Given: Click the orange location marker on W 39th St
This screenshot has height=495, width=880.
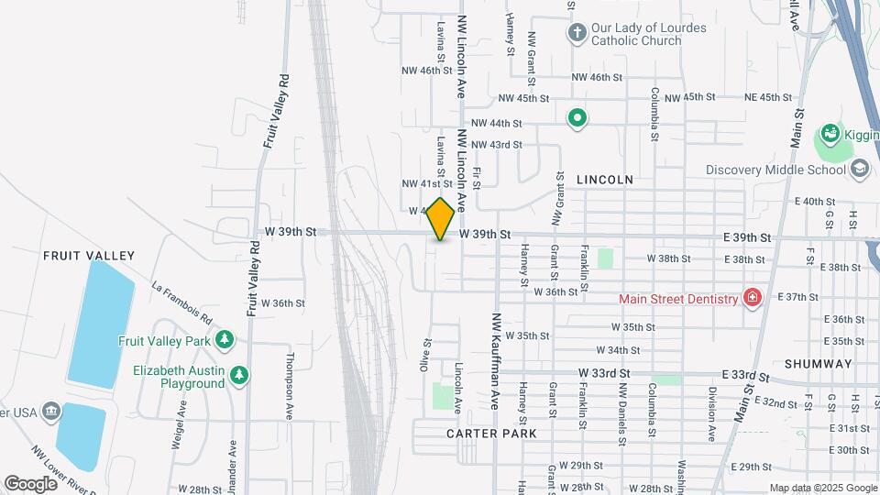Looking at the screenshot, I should click(441, 219).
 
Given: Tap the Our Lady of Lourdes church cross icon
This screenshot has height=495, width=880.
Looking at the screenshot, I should click(577, 34).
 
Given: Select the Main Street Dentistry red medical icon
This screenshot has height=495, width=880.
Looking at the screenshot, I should click(752, 298).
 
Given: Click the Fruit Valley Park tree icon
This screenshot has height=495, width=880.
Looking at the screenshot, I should click(225, 340).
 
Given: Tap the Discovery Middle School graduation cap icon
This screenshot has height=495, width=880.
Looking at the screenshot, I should click(860, 169).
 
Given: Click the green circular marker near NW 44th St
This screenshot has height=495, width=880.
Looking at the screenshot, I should click(577, 117).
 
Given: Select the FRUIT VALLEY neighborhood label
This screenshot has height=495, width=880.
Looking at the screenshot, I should click(89, 256).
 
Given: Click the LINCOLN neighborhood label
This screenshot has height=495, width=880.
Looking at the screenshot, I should click(604, 180).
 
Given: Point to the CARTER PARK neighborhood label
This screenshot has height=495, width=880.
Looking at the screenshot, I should click(491, 433).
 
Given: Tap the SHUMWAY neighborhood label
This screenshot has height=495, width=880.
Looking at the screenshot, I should click(818, 363).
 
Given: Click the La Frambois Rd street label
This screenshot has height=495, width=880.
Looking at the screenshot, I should click(182, 304).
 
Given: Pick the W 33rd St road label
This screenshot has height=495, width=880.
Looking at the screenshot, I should click(604, 374).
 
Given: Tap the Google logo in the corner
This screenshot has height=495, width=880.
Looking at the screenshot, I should click(30, 483).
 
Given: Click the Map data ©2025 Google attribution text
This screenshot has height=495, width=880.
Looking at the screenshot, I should click(823, 488).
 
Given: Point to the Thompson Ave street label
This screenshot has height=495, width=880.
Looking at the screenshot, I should click(289, 386).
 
